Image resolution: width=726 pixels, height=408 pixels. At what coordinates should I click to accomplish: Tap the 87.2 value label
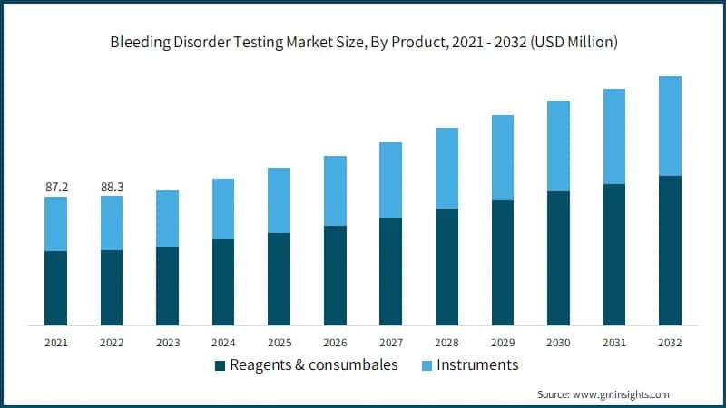[x=56, y=187]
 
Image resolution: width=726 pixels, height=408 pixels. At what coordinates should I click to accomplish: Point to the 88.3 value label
[x=112, y=187]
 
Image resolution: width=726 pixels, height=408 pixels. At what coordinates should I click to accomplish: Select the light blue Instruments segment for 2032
[x=670, y=125]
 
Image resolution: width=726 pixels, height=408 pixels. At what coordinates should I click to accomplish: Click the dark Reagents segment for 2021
[x=56, y=288]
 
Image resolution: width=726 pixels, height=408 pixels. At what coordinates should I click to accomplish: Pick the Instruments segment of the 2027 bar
[x=390, y=180]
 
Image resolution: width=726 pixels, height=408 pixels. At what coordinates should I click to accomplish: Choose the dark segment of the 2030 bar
[x=558, y=258]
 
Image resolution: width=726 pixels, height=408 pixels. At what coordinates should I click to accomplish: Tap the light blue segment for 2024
[x=223, y=209]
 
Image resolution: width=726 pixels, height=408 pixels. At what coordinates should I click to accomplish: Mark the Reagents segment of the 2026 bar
[x=335, y=276]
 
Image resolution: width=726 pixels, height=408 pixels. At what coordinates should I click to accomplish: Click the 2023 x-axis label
[x=168, y=343]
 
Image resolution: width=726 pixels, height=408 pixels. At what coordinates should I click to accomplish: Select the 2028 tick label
[x=446, y=343]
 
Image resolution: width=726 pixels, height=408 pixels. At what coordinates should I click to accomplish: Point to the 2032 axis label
[x=670, y=343]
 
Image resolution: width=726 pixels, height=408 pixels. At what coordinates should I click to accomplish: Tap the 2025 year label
[x=280, y=343]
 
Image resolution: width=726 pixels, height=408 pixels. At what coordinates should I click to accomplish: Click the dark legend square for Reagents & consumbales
[x=220, y=365]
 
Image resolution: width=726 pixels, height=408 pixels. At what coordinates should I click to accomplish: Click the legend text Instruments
[x=477, y=364]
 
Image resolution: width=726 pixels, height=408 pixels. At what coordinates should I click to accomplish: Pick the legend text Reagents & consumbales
[x=314, y=364]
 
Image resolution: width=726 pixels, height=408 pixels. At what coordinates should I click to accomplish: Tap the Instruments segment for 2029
[x=502, y=158]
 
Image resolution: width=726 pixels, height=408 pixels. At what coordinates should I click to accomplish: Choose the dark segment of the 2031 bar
[x=614, y=255]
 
